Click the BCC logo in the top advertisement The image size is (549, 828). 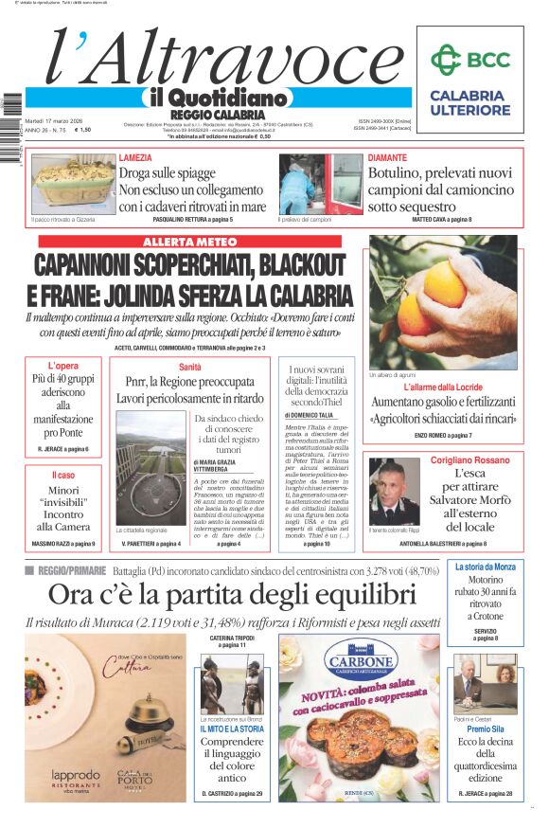point(469,61)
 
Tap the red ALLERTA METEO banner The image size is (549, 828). point(189,243)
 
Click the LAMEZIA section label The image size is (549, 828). point(139,158)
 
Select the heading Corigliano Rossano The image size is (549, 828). point(469,459)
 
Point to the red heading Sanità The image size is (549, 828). point(189,367)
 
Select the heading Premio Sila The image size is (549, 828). point(485,729)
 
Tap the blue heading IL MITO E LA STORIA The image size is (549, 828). point(231,729)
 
